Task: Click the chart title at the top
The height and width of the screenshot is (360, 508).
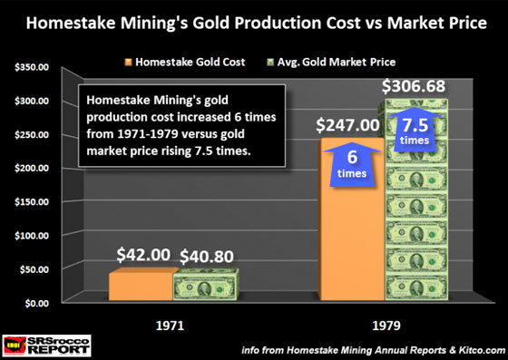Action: point(254,18)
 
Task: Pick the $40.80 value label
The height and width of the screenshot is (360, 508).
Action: point(206,256)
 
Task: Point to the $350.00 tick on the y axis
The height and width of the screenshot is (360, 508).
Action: point(33,67)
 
